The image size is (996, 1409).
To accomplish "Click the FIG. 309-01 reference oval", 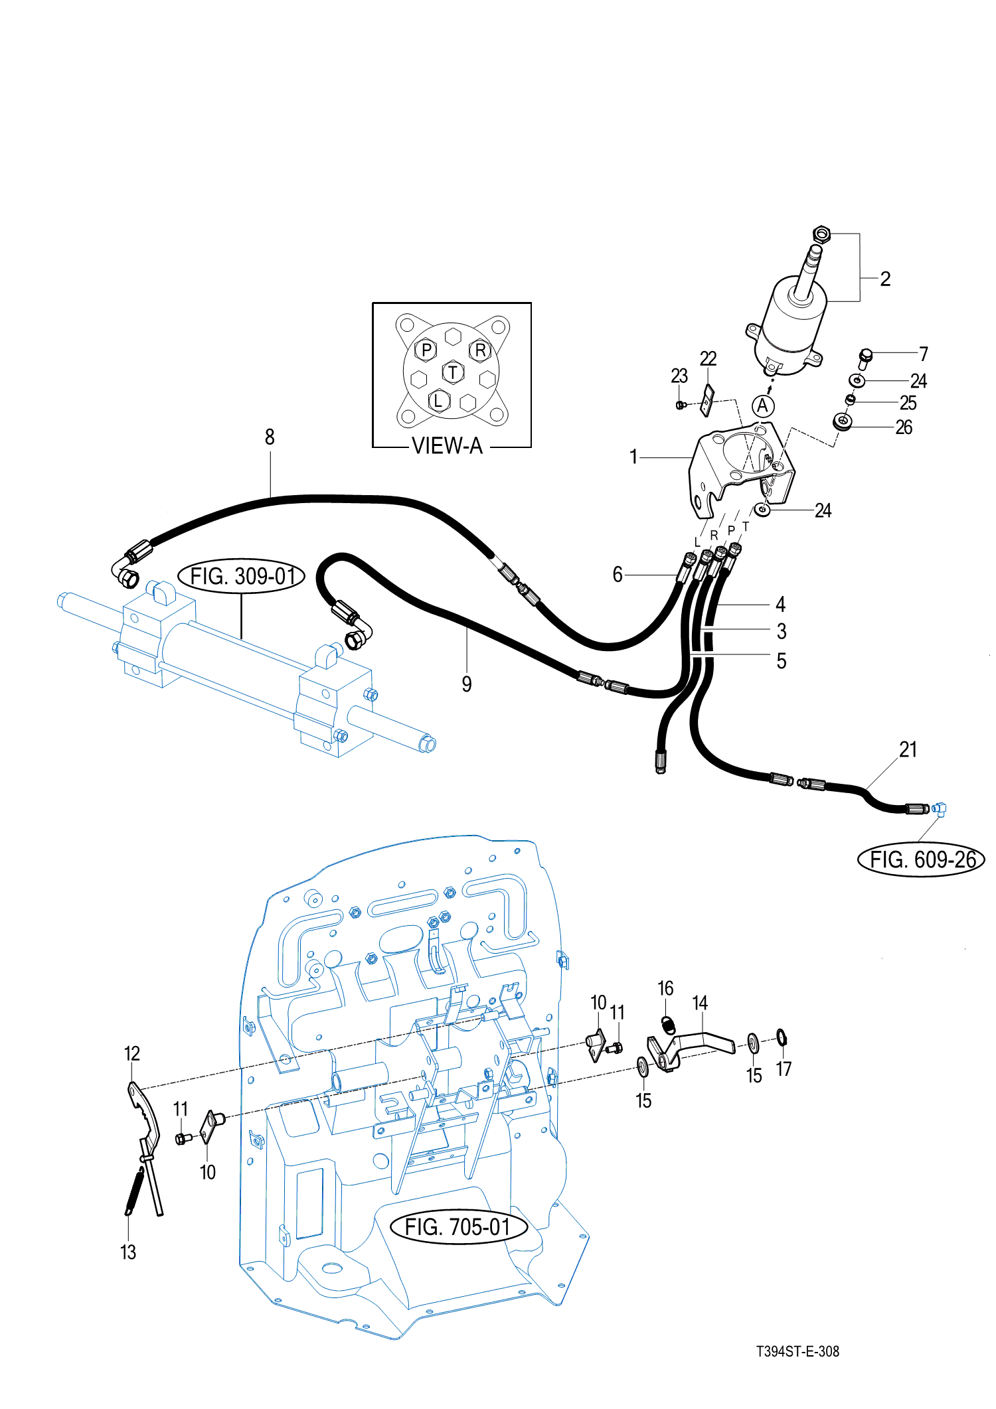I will pos(242,576).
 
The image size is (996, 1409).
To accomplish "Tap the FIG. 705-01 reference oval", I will pos(457,1227).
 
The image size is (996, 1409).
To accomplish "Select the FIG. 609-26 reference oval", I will pos(922,860).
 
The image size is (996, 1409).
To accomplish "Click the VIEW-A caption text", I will pos(447,446).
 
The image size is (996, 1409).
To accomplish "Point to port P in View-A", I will pos(426,349).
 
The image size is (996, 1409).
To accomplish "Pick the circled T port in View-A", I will pos(453,372).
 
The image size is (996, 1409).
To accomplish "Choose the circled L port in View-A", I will pos(438,400).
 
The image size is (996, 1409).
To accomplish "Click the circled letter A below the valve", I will pos(763,406).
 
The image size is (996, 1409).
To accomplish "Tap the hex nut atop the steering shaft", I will pos(821,234).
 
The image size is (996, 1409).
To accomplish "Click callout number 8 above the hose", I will pos(270,437).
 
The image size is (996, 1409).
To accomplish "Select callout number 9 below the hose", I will pos(467,684).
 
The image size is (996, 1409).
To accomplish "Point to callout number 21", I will pos(908,749).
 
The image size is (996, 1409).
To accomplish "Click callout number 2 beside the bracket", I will pos(885,279).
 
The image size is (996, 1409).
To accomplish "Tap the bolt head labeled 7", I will pos(865,356).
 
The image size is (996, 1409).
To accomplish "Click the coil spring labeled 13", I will pos(133,1192).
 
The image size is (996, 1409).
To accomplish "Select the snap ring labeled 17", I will pos(782,1037).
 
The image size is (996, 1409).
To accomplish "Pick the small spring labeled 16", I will pos(669,1025).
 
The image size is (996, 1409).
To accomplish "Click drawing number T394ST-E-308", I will pos(797,1352).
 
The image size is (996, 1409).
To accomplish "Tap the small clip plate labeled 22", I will pos(708,400).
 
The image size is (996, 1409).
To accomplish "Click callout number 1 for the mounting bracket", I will pos(633,457).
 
